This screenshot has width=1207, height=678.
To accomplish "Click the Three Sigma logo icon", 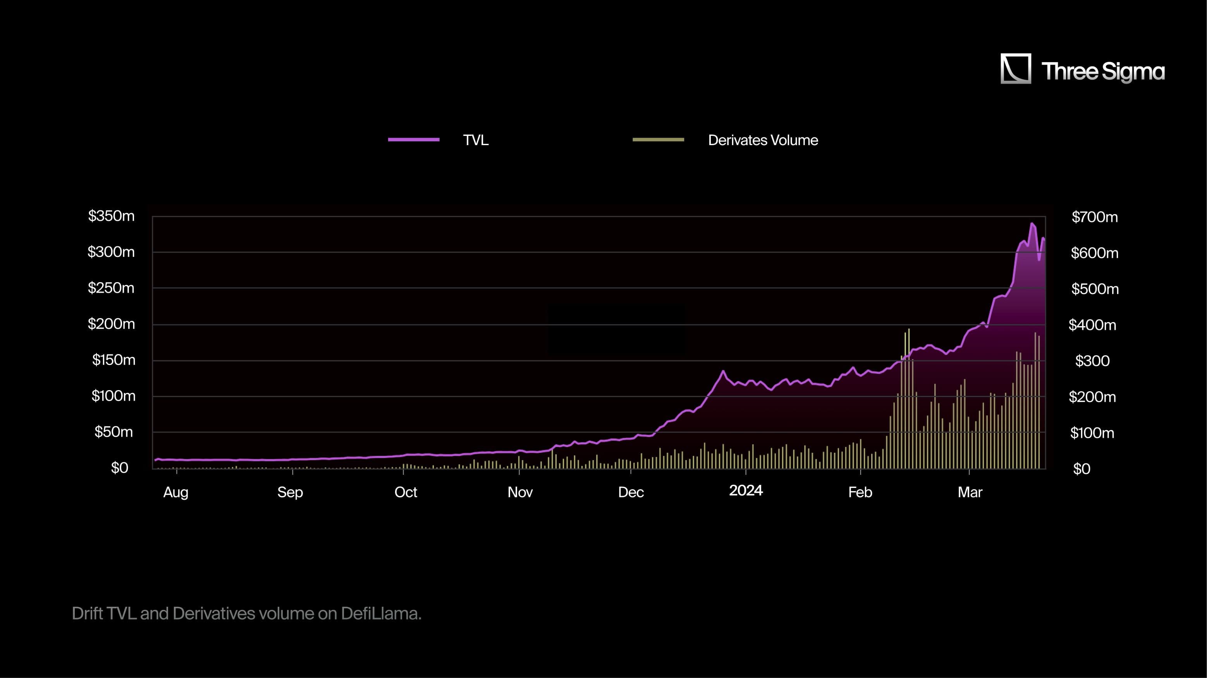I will [x=1015, y=69].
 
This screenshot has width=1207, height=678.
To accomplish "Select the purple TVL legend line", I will [x=414, y=140].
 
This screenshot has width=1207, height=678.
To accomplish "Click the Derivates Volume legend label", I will [x=763, y=140].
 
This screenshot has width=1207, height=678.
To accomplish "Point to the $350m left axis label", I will [x=111, y=216].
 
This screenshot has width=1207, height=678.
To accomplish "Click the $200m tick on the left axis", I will [x=111, y=324].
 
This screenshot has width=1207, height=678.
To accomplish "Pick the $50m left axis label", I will [x=114, y=432].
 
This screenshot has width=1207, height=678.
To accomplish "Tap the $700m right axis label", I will [x=1095, y=217].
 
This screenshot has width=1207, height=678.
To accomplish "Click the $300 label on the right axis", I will [x=1092, y=361].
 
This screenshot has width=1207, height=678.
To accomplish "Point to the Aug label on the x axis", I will [x=176, y=492].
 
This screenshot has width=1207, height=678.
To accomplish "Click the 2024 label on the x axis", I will [x=746, y=490].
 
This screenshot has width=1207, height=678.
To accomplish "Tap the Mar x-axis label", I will [x=970, y=492].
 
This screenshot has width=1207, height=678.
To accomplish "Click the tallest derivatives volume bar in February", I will [x=908, y=329].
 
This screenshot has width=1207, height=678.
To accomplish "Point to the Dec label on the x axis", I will [x=631, y=492].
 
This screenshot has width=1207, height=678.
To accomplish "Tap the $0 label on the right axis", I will [x=1081, y=469].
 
